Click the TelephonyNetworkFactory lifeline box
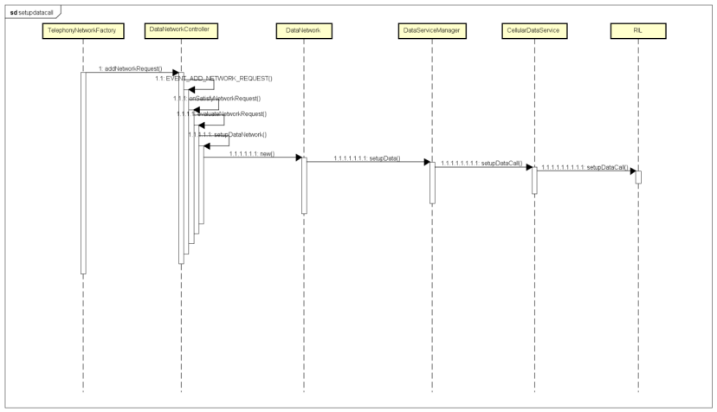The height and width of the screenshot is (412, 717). tap(82, 32)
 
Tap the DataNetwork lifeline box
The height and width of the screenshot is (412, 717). tap(304, 31)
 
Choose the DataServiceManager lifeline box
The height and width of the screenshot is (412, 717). tap(430, 31)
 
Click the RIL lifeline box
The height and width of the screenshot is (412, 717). tap(637, 31)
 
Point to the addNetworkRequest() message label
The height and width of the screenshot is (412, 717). tap(129, 68)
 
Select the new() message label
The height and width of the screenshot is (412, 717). tap(252, 152)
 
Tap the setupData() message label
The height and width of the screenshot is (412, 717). tap(367, 158)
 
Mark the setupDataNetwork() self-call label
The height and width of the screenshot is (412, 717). tap(227, 134)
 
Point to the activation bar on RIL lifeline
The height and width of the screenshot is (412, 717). tap(638, 177)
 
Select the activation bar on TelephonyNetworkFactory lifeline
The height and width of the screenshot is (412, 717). tap(83, 173)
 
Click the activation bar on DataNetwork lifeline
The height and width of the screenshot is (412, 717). tap(304, 183)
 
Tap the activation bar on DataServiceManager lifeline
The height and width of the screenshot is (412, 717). tap(431, 182)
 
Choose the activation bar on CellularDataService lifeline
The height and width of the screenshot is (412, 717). tap(534, 180)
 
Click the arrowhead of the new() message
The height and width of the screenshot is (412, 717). tap(297, 158)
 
